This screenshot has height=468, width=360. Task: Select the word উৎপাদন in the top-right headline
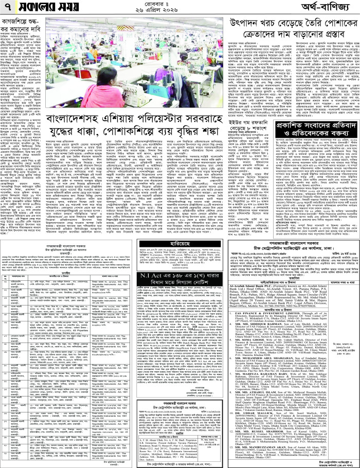coord(249,24)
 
